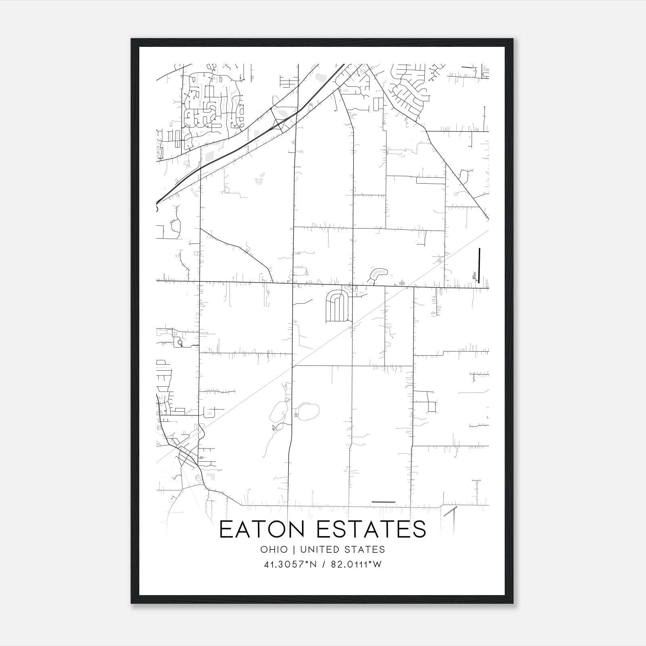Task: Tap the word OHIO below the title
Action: coord(274,549)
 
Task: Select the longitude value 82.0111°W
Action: coord(356,564)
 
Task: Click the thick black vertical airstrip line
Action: coord(479,265)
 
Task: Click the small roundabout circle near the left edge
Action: coord(180,343)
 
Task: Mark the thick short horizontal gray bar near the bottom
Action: coord(383,502)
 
